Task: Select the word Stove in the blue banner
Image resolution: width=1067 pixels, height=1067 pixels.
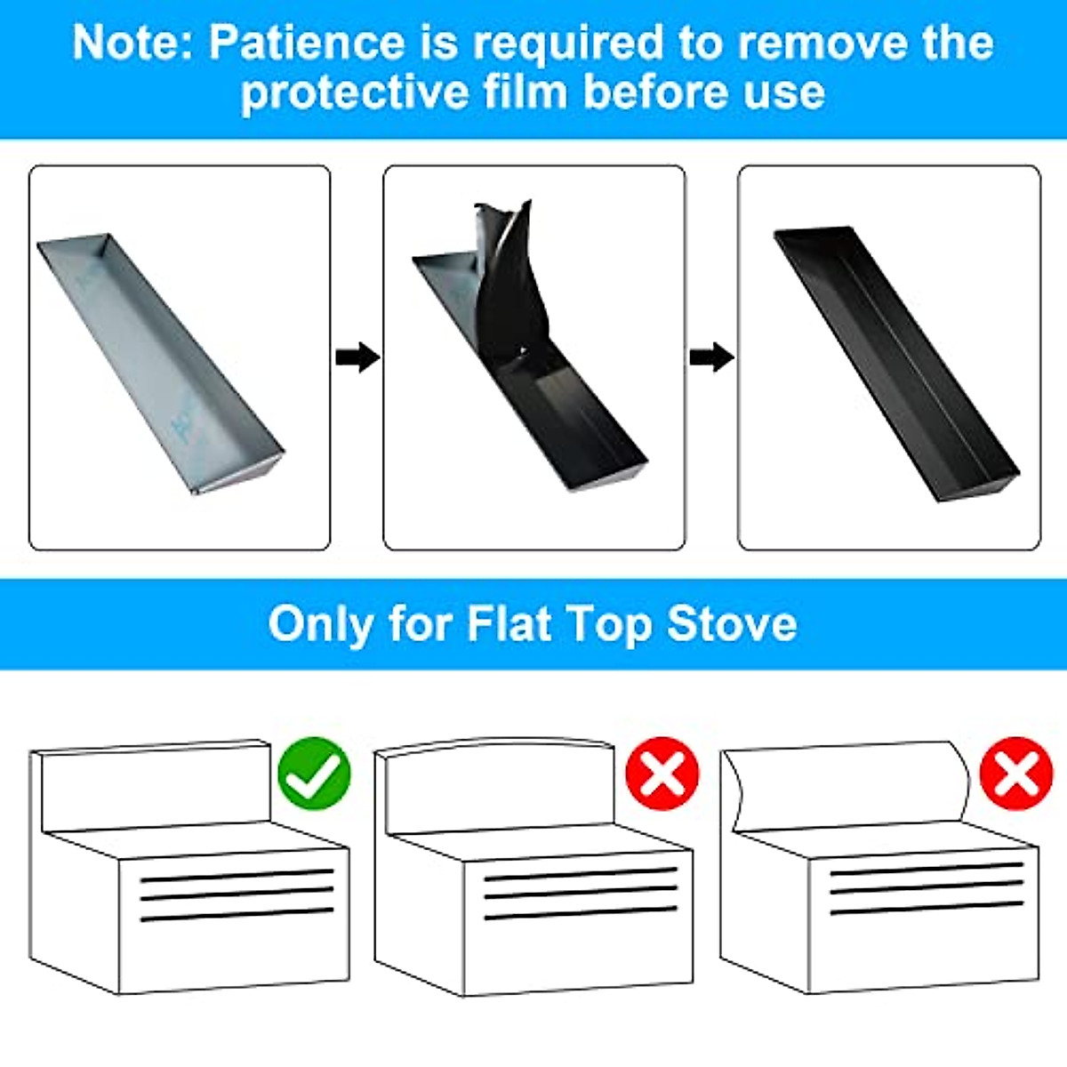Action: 732,623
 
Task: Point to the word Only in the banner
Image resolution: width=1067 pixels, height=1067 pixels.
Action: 321,623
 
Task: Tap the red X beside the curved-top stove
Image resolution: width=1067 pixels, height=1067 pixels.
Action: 662,772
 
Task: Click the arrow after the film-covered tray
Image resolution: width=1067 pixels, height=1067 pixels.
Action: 357,357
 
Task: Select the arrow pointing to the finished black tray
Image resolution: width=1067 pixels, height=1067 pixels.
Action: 711,357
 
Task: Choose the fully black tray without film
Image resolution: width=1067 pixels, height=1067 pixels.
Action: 894,365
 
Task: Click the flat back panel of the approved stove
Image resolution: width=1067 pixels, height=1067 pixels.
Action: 156,787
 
